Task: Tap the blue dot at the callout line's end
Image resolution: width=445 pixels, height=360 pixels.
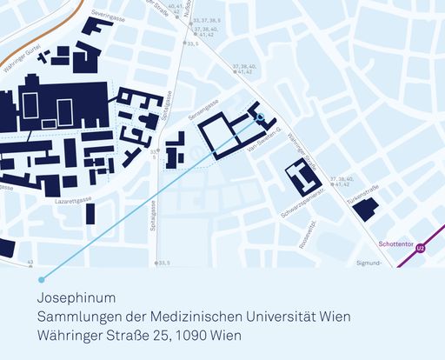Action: click(x=41, y=279)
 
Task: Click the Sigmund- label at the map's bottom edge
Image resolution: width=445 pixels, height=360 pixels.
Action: click(x=369, y=261)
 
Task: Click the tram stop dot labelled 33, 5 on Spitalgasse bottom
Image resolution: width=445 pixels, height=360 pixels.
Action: click(x=157, y=261)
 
